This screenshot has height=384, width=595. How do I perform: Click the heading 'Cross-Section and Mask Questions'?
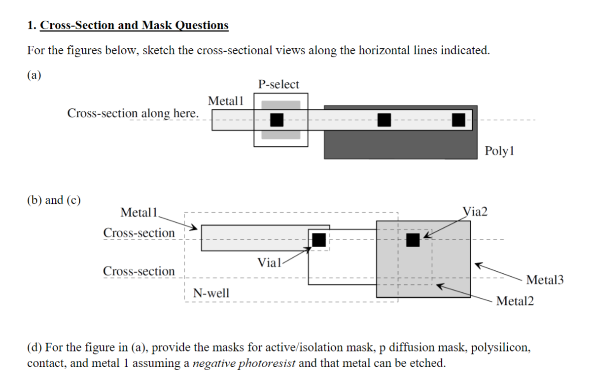134,25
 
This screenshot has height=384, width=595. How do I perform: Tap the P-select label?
279,84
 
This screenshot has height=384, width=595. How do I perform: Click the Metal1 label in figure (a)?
226,101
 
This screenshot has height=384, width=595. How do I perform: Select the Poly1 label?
499,151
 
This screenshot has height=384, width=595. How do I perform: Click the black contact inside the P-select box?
277,120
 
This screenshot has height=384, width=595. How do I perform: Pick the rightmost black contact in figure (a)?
458,120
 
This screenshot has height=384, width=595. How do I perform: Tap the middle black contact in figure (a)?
384,120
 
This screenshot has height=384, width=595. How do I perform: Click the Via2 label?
475,212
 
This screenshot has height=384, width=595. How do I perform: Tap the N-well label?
211,293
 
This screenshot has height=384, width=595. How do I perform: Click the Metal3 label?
545,280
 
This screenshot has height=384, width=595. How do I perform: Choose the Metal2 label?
515,301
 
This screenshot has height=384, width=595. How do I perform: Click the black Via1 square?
319,239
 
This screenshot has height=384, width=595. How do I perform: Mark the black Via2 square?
413,240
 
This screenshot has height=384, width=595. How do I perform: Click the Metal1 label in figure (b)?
138,213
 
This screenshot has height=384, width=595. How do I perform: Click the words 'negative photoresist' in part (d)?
244,364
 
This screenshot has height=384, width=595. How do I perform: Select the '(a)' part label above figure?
34,75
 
